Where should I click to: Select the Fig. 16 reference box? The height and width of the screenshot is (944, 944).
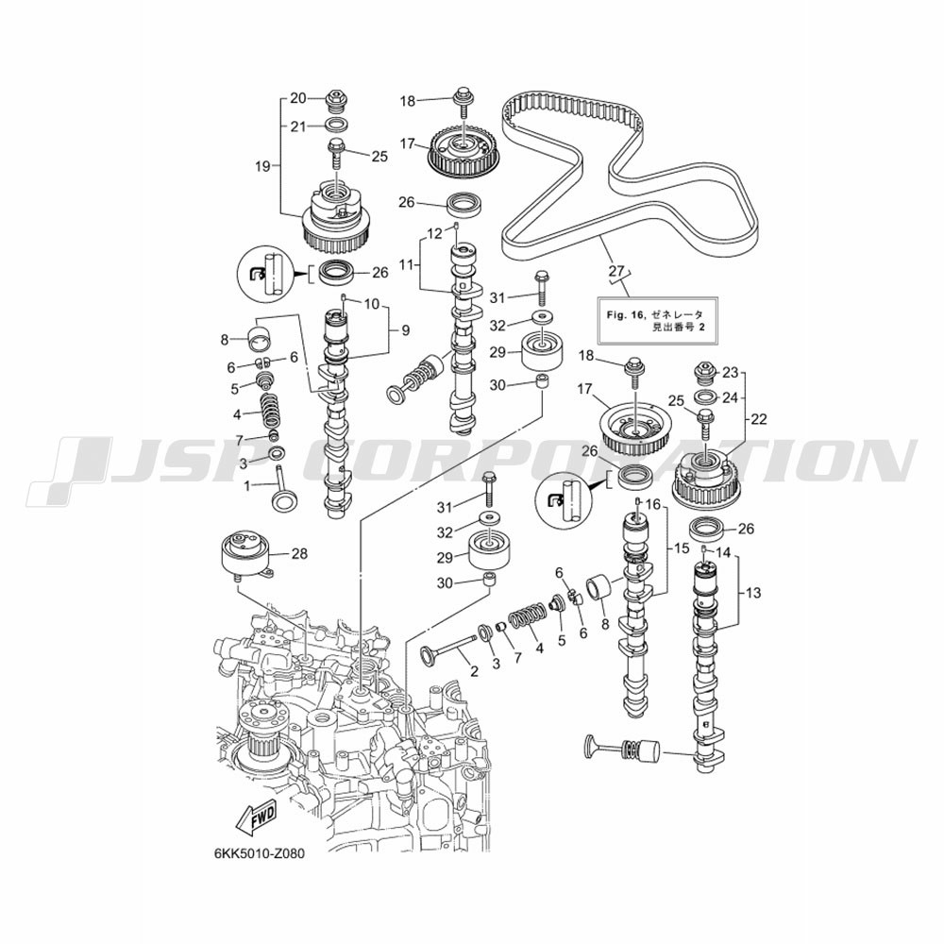[x=657, y=319]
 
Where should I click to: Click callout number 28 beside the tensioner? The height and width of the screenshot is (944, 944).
[x=299, y=552]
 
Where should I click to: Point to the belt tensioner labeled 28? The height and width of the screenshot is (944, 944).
[x=246, y=556]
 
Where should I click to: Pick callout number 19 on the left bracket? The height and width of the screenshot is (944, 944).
[x=262, y=165]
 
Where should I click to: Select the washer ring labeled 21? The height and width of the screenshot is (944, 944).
[x=336, y=126]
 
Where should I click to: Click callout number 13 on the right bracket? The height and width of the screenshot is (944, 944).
[x=753, y=593]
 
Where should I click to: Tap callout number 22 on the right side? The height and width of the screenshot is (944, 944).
[x=759, y=419]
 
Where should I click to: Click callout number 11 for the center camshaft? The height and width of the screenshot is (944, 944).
[x=407, y=263]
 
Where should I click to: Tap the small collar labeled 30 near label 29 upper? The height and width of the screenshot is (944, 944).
[x=543, y=381]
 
